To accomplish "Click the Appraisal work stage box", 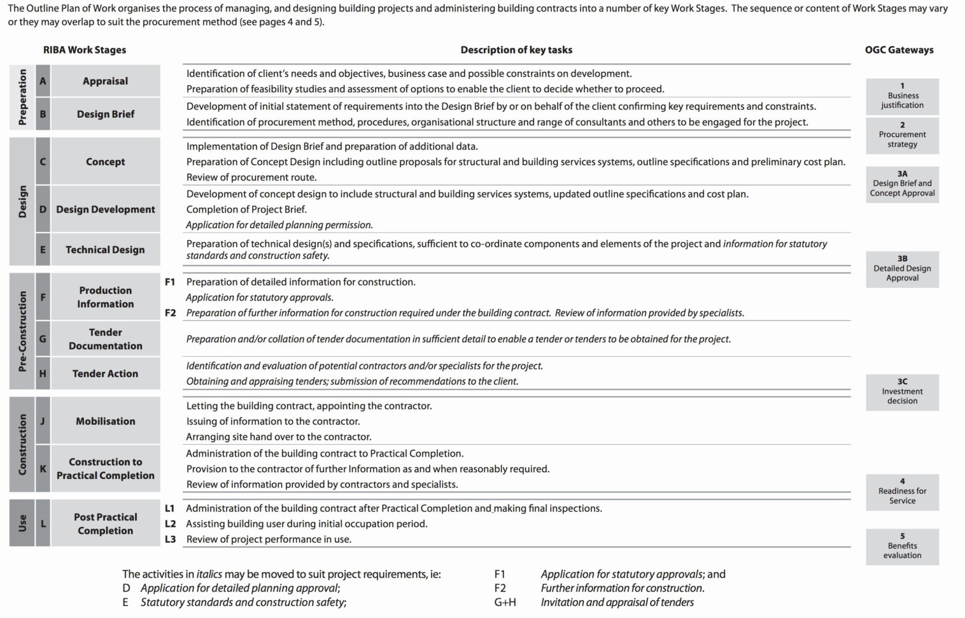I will [105, 81].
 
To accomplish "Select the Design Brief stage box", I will [105, 114].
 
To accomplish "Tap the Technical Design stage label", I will [105, 250].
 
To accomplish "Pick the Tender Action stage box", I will [105, 373].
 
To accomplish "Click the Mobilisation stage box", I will [105, 421].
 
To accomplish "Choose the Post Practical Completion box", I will [105, 524].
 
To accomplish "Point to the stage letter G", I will [43, 339].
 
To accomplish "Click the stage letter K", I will [43, 468].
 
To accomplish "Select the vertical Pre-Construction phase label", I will [23, 331].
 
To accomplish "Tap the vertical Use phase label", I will [23, 523].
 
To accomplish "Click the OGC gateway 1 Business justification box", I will [902, 96].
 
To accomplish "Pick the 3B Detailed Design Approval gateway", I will [902, 268].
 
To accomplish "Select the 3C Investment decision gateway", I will [902, 391].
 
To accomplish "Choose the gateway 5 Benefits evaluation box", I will [902, 546].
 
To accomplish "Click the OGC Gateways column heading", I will [899, 50].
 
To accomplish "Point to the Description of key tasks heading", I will [516, 50].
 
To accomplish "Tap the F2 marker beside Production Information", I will [170, 313].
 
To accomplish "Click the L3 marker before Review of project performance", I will [170, 539].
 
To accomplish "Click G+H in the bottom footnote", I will [505, 602].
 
